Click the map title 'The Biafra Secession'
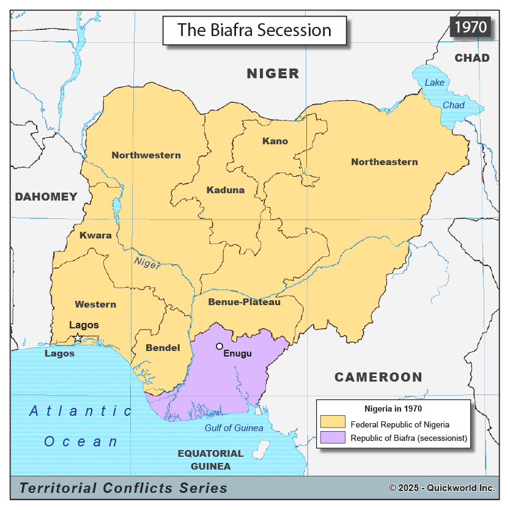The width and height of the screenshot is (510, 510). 254,30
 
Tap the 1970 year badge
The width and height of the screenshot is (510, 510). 470,27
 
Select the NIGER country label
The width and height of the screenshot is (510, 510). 273,73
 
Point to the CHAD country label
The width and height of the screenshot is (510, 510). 472,58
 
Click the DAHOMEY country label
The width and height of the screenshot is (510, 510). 46,196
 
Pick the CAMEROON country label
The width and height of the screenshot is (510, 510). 378,377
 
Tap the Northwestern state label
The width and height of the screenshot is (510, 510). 146,155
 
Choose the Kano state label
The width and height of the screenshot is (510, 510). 275,141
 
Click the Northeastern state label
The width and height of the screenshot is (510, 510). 385,162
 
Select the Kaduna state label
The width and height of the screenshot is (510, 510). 225,190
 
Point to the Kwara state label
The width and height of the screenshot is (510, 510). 95,235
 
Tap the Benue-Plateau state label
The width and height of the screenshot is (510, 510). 244,302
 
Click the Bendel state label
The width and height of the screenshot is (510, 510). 163,348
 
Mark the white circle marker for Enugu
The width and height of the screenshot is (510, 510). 220,346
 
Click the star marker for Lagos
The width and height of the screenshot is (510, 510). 78,337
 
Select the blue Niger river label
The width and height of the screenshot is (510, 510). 147,263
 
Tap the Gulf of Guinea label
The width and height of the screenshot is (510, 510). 234,428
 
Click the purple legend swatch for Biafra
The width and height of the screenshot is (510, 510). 332,438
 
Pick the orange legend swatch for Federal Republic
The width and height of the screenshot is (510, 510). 332,423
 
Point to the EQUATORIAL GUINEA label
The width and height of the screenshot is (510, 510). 210,460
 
